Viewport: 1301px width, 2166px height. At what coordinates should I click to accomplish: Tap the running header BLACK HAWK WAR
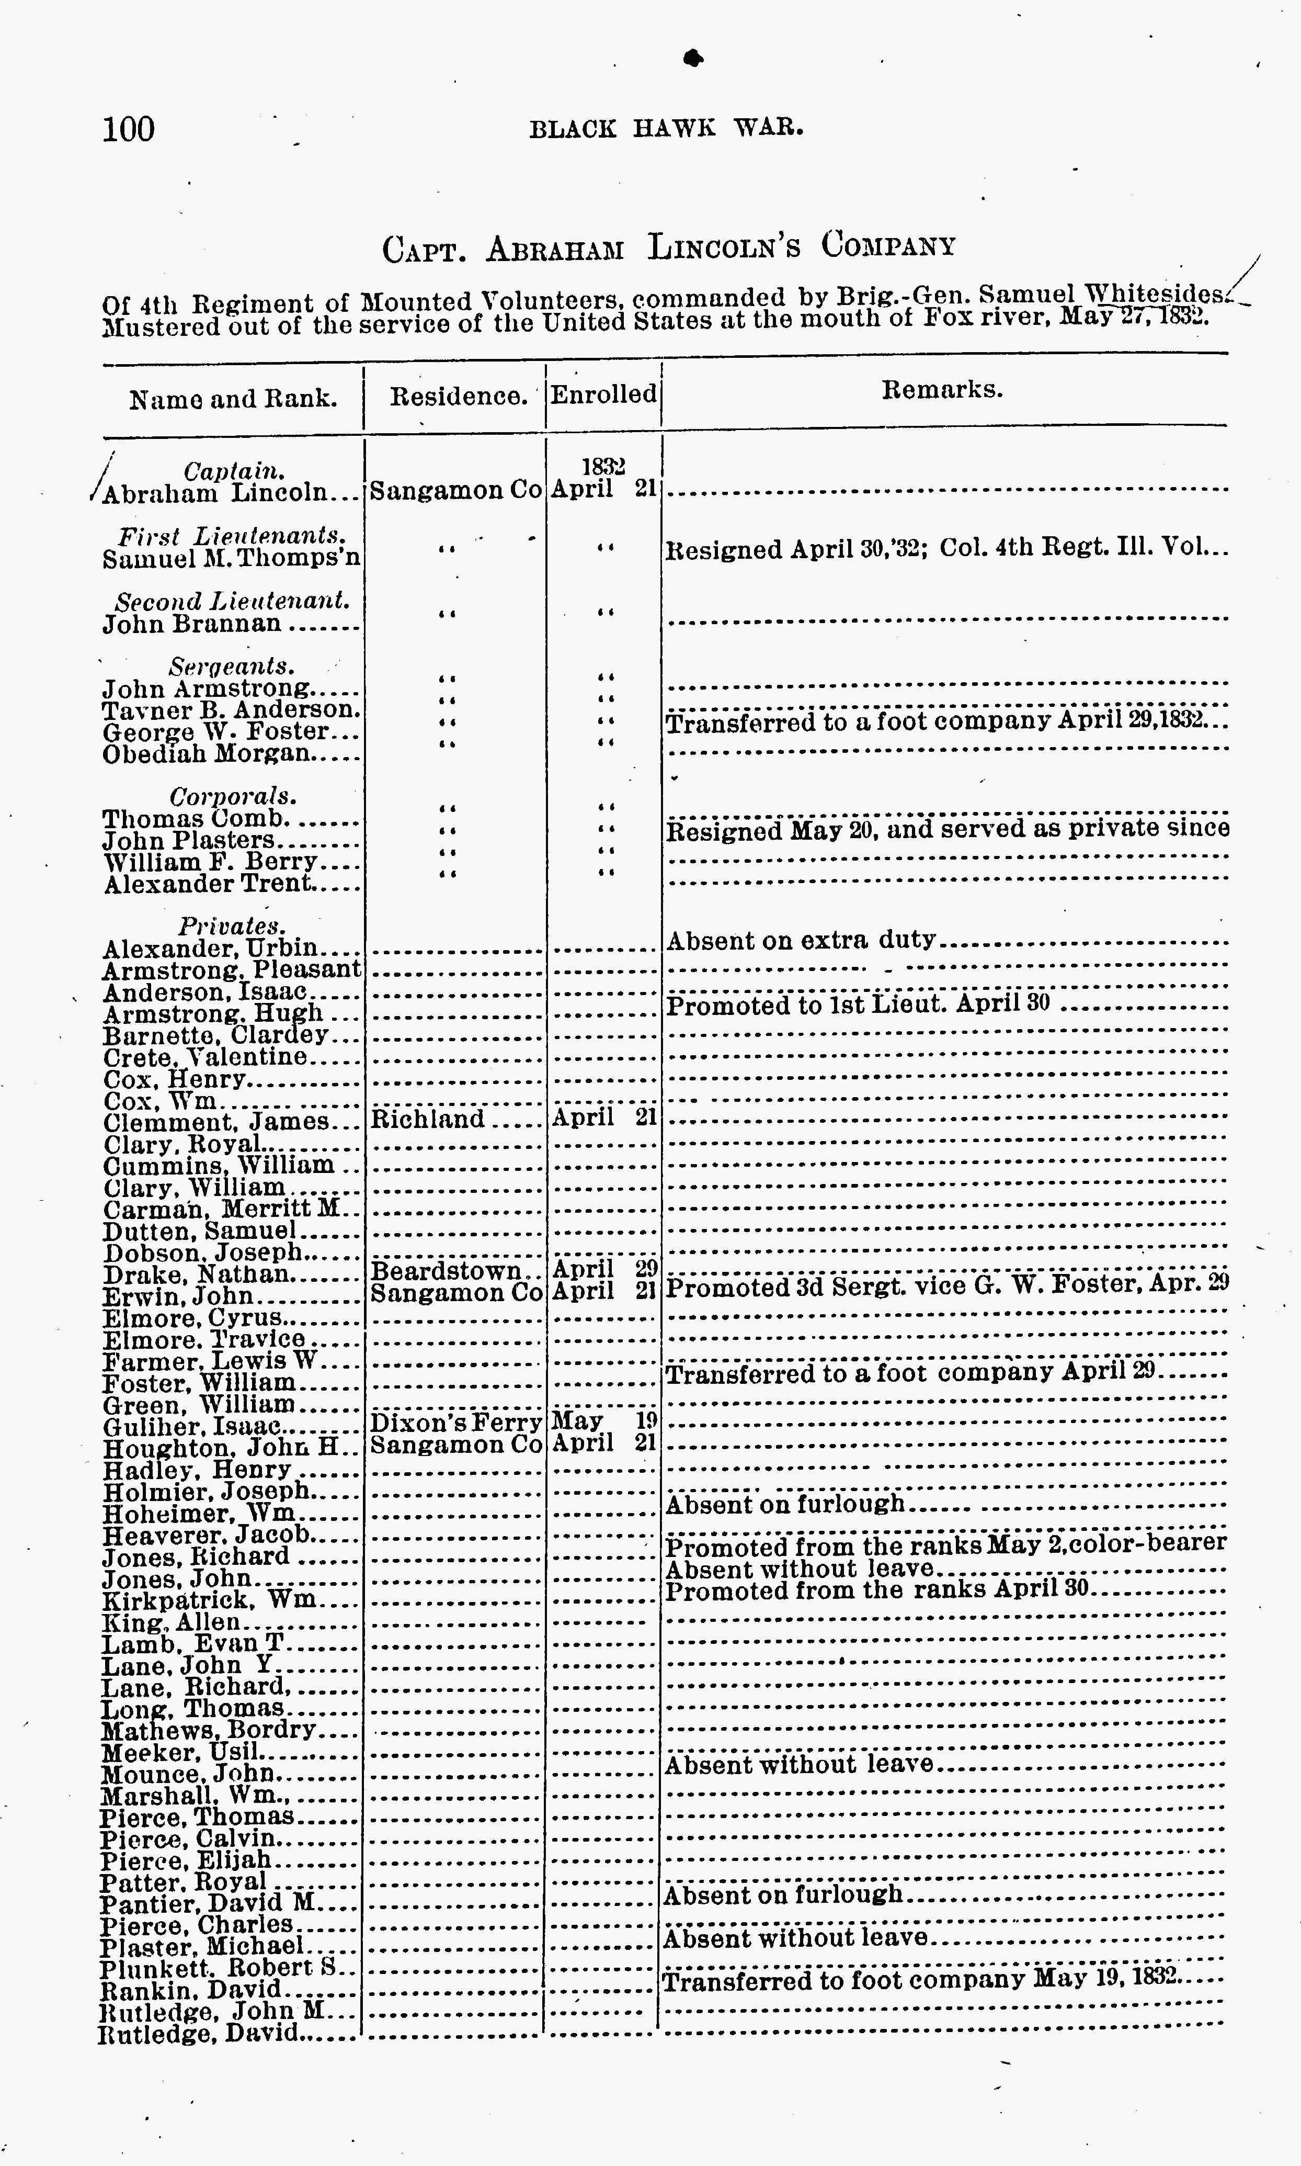click(666, 129)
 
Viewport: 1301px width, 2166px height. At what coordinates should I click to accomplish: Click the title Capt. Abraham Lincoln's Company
click(668, 247)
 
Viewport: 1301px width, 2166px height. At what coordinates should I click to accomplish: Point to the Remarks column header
click(942, 389)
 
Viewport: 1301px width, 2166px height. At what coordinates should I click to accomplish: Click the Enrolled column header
click(603, 394)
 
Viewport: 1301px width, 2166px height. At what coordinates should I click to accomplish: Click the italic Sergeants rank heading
click(232, 667)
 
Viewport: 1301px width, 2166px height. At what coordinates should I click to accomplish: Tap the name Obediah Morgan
click(207, 754)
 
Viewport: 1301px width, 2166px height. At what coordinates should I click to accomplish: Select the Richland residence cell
click(428, 1120)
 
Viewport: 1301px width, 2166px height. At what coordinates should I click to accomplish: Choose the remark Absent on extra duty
click(801, 941)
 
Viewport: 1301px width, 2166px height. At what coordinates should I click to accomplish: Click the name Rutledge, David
click(200, 2033)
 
